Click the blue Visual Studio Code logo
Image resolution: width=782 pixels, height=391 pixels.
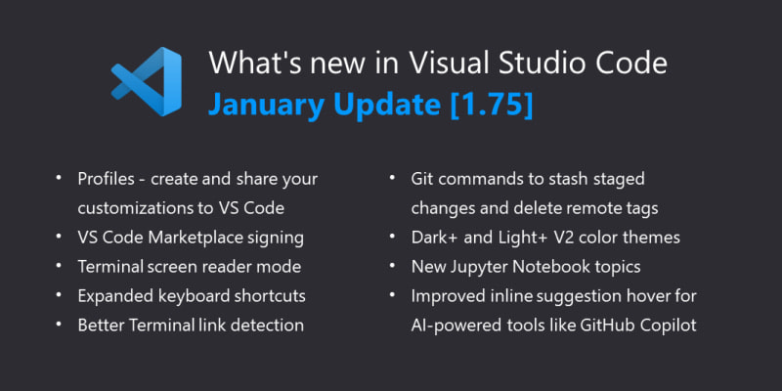[x=146, y=81]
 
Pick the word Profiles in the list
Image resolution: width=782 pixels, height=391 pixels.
[x=106, y=179]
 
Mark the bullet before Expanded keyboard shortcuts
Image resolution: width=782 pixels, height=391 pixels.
[x=60, y=295]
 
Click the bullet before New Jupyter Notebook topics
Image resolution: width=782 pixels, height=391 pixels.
[x=393, y=266]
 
